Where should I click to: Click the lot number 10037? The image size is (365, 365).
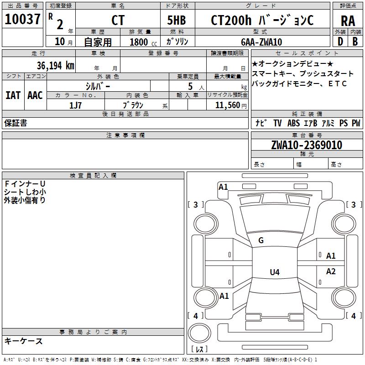[x=22, y=19]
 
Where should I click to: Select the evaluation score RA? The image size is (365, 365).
[x=348, y=21]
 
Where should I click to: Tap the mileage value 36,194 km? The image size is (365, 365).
[x=56, y=66]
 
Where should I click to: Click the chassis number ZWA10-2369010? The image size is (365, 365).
[x=307, y=145]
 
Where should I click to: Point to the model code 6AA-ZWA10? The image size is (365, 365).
[x=261, y=42]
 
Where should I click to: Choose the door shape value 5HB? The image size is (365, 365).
[x=177, y=20]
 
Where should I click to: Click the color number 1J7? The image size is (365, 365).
[x=75, y=105]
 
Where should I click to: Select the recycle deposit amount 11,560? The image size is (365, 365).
[x=227, y=105]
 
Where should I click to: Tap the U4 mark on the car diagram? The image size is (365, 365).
[x=275, y=272]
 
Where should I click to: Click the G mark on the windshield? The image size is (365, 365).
[x=261, y=240]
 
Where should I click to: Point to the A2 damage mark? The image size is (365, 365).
[x=331, y=271]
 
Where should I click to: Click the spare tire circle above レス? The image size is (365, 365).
[x=199, y=333]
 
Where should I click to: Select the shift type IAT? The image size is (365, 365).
[x=13, y=95]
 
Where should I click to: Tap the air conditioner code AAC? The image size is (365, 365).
[x=35, y=95]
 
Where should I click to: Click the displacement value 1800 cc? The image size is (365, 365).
[x=143, y=42]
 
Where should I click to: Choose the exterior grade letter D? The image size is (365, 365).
[x=340, y=42]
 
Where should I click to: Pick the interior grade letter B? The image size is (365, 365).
[x=355, y=42]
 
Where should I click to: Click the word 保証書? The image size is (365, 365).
[x=16, y=123]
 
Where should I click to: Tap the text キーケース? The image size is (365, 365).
[x=23, y=341]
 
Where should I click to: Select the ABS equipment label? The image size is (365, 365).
[x=293, y=123]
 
